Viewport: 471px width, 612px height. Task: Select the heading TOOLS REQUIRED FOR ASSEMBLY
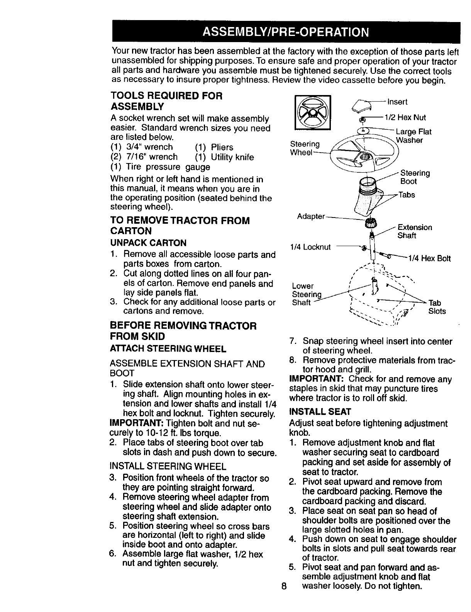166,100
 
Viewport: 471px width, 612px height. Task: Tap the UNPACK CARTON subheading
148,243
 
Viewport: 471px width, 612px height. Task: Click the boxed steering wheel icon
312,112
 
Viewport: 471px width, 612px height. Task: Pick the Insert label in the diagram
397,102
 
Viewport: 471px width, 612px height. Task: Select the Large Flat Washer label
413,136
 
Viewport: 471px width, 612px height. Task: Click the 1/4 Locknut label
310,247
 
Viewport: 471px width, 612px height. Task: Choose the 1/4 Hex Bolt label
429,258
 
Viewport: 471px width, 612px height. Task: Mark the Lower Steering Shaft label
306,294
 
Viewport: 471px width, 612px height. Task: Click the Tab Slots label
437,307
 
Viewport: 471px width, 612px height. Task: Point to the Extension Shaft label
415,231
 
